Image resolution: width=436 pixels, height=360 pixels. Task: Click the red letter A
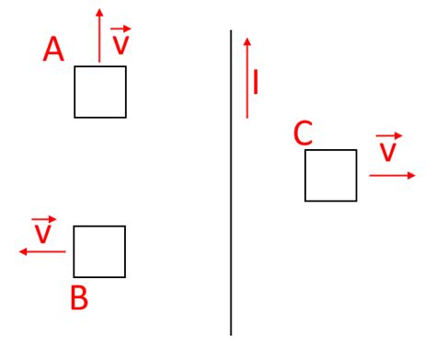click(53, 49)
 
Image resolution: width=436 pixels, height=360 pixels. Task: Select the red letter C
click(303, 134)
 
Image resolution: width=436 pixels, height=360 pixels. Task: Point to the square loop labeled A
click(100, 91)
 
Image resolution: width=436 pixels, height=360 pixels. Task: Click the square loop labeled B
click(98, 250)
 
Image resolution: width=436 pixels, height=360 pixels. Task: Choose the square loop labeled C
click(330, 175)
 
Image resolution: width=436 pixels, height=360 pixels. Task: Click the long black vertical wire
click(230, 184)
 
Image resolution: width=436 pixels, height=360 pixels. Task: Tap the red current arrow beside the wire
click(247, 78)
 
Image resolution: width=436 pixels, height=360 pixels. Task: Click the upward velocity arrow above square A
click(99, 37)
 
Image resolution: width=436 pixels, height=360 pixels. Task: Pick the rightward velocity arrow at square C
click(391, 175)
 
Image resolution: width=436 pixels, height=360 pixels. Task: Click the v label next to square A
click(120, 42)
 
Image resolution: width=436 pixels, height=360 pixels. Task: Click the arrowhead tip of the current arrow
click(247, 41)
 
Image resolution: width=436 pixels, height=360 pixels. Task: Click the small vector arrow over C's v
click(389, 135)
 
